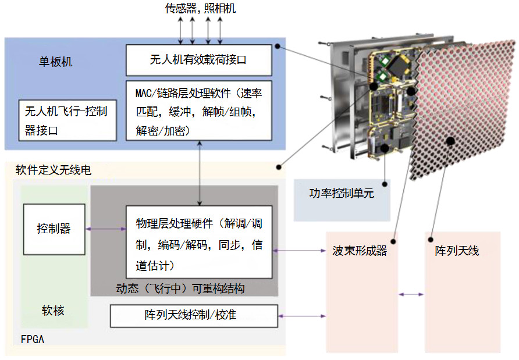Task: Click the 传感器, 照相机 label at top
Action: click(200, 8)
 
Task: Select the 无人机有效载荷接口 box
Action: click(198, 59)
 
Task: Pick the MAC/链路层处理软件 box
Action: click(198, 111)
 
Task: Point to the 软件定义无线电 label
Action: click(53, 170)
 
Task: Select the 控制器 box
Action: click(54, 229)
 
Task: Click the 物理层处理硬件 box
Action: click(199, 241)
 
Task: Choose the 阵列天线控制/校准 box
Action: click(194, 315)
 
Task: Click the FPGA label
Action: click(32, 339)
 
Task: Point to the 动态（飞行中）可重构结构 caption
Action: click(180, 288)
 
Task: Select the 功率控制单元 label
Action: click(342, 194)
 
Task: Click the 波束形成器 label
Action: click(360, 252)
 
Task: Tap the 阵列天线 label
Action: click(457, 252)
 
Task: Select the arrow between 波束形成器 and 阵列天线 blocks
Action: click(411, 294)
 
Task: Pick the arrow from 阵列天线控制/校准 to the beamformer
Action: click(302, 316)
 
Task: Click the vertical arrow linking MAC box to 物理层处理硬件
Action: click(200, 172)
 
